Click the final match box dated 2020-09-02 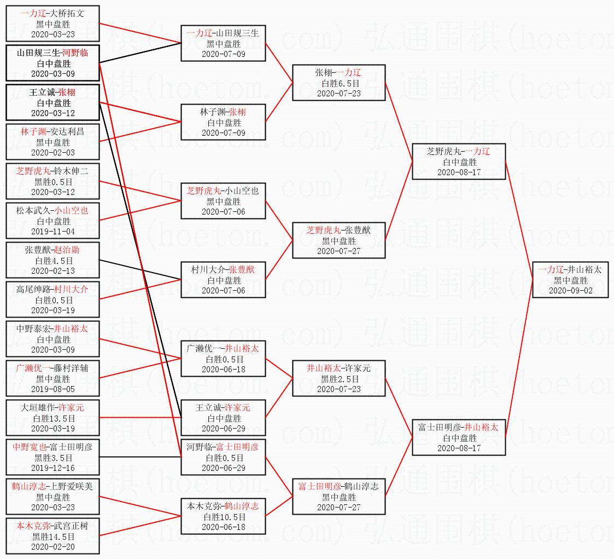(x=570, y=280)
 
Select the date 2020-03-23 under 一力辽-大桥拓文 (x=53, y=34)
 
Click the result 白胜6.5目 (x=340, y=83)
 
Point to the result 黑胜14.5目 (x=53, y=537)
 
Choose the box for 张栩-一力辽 (x=338, y=83)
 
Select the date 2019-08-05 (x=53, y=389)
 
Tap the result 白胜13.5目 (x=53, y=418)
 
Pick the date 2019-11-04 (x=53, y=231)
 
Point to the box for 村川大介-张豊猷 (x=223, y=280)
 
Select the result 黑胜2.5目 (x=340, y=379)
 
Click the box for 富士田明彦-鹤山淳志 (x=338, y=497)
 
